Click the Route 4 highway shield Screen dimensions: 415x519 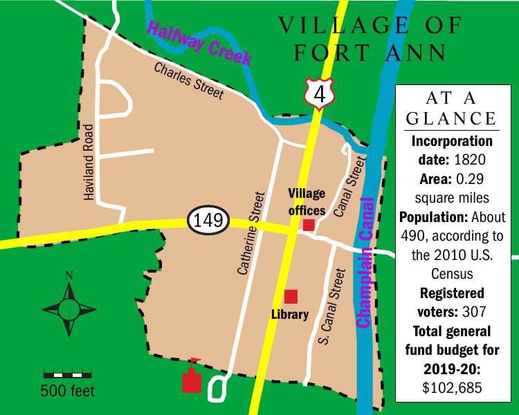click(x=318, y=93)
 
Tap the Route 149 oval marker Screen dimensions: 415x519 click(x=208, y=221)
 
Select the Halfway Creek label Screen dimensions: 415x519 click(x=199, y=44)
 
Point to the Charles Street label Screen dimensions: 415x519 click(x=189, y=81)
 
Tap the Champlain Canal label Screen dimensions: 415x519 click(x=365, y=263)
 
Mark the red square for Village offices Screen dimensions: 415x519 click(x=309, y=224)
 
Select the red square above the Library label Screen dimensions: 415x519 click(x=291, y=296)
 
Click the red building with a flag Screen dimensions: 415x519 click(x=192, y=380)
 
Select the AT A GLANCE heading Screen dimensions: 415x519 click(x=451, y=107)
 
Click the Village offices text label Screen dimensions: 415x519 click(x=307, y=201)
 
